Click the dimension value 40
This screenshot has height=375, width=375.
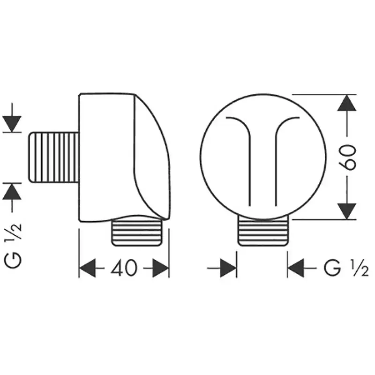(124, 268)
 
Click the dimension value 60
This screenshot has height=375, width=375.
(347, 157)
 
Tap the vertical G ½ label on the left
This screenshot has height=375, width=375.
(13, 246)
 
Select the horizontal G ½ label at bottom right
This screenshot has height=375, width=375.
(346, 268)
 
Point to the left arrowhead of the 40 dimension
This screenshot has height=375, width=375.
(87, 268)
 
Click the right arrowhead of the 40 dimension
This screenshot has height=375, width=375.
(161, 268)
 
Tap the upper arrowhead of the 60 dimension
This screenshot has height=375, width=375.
(347, 103)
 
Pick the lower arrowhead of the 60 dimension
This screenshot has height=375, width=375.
(347, 211)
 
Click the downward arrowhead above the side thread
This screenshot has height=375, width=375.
(12, 124)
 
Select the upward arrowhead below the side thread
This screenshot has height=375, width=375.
(12, 192)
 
